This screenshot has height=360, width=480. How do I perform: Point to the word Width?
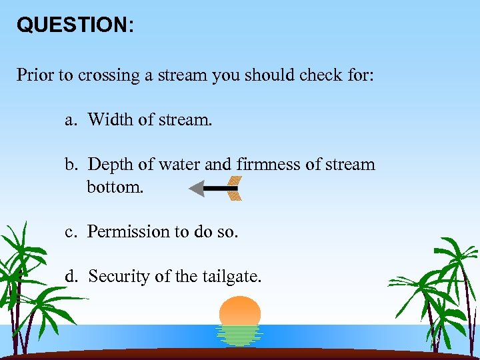[x=110, y=119]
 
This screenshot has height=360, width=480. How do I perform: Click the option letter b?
[x=70, y=164]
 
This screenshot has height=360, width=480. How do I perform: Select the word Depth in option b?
[x=111, y=165]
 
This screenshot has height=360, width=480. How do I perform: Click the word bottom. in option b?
[x=115, y=187]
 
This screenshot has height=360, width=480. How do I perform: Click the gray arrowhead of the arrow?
[x=197, y=189]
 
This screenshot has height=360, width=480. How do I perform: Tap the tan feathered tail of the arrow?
[x=233, y=189]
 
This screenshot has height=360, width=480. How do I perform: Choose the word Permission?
[x=129, y=232]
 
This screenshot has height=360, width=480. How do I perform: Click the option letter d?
[x=70, y=276]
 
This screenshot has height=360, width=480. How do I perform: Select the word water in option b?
[x=179, y=164]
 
